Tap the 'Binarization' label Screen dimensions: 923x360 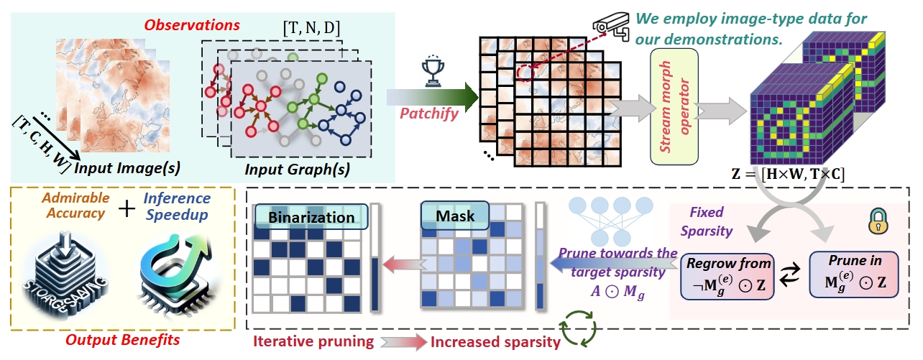(312, 216)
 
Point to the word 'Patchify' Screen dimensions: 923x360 (429, 112)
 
